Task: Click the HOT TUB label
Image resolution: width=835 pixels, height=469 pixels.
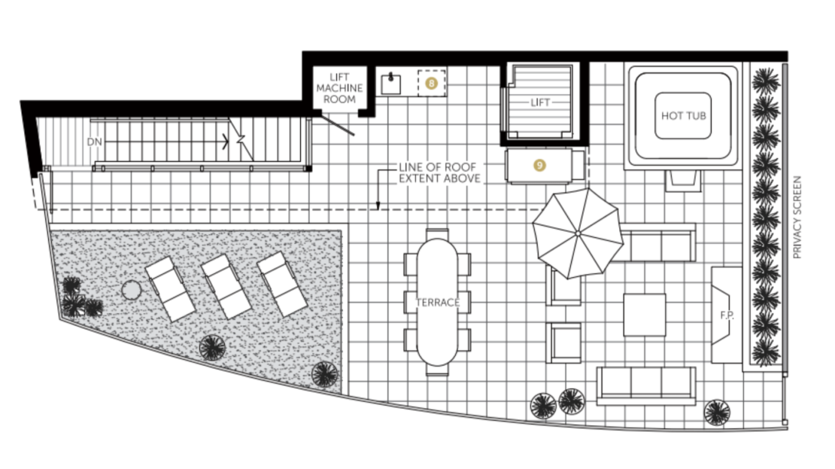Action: [683, 116]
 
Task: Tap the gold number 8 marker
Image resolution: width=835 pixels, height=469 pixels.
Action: [431, 83]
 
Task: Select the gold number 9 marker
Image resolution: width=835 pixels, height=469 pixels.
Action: [539, 166]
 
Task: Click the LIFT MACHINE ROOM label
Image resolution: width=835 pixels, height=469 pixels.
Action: [340, 88]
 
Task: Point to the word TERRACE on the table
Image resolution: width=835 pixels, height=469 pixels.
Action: [437, 303]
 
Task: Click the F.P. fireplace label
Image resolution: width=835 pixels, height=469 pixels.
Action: [727, 315]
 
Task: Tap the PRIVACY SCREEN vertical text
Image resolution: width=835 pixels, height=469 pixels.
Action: [797, 218]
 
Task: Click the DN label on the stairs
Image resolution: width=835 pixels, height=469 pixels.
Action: [94, 142]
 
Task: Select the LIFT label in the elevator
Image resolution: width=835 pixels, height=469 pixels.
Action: [540, 102]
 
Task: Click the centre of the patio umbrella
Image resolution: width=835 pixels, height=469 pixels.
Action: [578, 233]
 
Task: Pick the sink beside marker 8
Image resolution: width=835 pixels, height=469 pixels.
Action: [391, 84]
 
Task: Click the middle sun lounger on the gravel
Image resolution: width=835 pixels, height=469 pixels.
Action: [226, 287]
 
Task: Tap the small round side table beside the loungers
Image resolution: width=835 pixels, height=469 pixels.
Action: [131, 291]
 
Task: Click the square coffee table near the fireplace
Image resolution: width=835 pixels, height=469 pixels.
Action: [645, 315]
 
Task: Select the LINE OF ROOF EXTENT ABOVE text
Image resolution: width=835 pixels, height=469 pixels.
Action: [439, 173]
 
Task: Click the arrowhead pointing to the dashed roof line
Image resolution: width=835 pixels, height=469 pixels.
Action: [378, 206]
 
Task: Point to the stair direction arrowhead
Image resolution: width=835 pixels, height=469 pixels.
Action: [226, 142]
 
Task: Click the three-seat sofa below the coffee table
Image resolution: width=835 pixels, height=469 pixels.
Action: [646, 385]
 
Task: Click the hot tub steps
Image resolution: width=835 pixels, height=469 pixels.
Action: [683, 180]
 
